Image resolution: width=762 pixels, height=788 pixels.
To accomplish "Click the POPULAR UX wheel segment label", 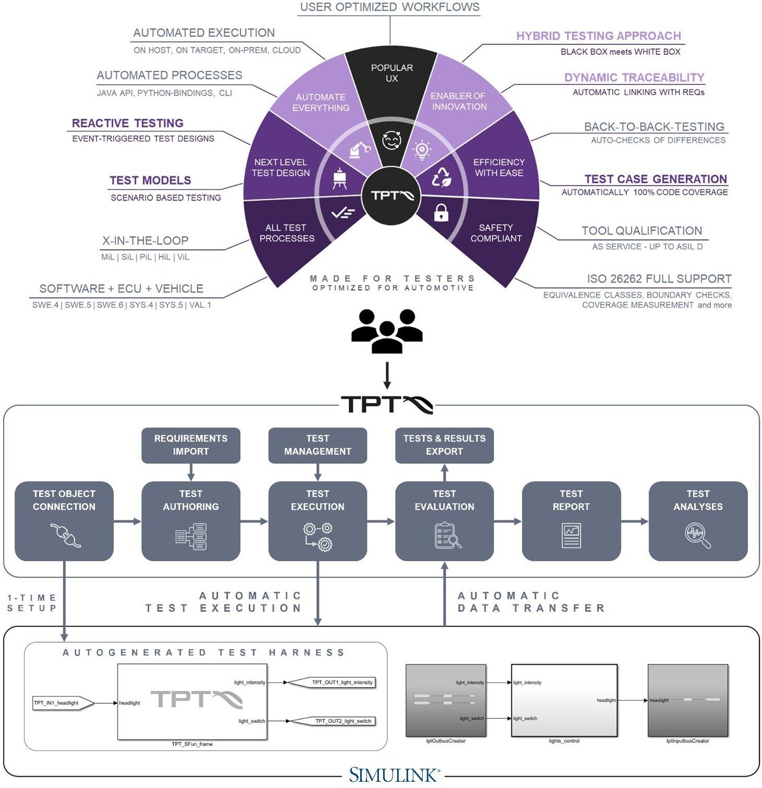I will pos(391,73).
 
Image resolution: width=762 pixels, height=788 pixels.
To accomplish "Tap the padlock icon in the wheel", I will pos(441,213).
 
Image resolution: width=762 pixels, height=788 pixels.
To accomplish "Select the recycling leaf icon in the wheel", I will pos(441,177).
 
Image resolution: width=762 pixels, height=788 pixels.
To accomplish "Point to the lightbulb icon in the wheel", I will pos(422,150).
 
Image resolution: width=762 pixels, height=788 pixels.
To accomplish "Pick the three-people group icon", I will pos(387,331).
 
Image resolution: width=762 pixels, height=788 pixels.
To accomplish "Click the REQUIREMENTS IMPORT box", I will pos(191,445).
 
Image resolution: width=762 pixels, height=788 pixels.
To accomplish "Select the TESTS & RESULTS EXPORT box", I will pos(444,445).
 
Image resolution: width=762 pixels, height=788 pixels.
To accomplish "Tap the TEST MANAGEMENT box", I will pos(317,445).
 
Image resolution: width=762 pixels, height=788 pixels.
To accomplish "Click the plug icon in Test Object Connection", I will pos(65,535).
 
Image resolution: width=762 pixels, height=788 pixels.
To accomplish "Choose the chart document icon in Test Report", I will pos(571,536).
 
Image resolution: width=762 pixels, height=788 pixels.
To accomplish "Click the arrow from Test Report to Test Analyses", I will pos(635,521).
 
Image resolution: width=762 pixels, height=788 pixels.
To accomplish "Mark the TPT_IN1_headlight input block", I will pos(62,703).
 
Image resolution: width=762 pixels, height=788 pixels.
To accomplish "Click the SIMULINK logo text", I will pos(394,775).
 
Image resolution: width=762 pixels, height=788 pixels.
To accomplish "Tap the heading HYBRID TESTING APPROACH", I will pos(598,36).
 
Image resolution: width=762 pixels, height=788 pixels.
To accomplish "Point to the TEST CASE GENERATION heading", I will pos(655,179).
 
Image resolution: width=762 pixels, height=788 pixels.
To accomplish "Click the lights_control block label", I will pos(564,741).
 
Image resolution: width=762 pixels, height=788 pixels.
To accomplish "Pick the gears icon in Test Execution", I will pos(318,536).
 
